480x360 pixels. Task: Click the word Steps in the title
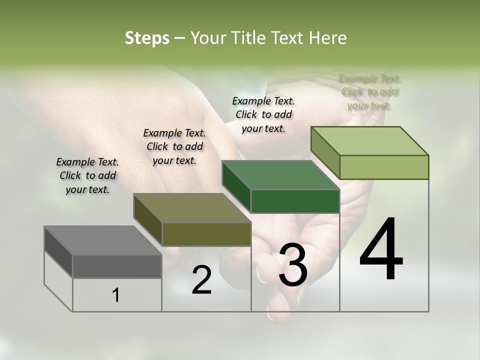[147, 38]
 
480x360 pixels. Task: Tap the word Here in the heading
[328, 38]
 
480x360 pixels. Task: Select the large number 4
[381, 250]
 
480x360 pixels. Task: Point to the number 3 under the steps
[293, 265]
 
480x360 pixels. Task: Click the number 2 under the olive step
[201, 280]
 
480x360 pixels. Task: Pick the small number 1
[116, 295]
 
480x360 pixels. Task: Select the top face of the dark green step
[280, 175]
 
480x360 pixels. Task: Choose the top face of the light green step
[370, 141]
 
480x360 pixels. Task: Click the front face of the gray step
[117, 266]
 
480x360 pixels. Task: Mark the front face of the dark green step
[295, 201]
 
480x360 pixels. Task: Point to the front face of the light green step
[384, 167]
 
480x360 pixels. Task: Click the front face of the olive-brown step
[206, 234]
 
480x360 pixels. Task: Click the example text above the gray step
[87, 175]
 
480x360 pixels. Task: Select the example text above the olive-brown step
[174, 146]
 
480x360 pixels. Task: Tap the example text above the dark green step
[263, 114]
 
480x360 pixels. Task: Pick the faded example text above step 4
[370, 92]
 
